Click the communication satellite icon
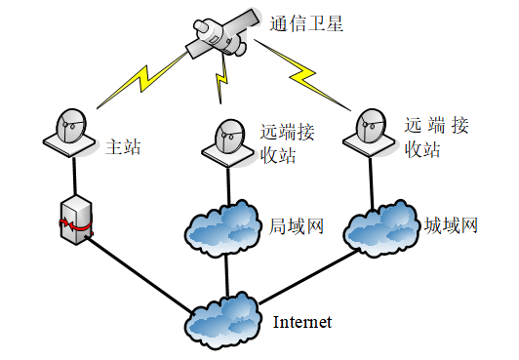pos(220,34)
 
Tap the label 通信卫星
pos(306,23)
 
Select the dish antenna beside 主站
pos(69,133)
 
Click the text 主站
pos(123,147)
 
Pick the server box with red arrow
pos(76,220)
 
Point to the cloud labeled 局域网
pos(221,228)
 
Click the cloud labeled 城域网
pos(380,228)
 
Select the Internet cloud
pos(222,320)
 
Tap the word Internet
pos(301,322)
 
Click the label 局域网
pos(297,226)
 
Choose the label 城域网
pos(451,225)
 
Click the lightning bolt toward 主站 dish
pos(142,79)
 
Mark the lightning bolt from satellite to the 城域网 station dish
pos(301,75)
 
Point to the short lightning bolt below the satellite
pos(221,79)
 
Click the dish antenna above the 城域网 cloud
pos(370,133)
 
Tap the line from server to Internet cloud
pos(140,274)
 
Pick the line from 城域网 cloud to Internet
pos(308,277)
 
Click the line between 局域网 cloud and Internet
pos(226,275)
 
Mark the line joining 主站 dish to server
pos(74,176)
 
